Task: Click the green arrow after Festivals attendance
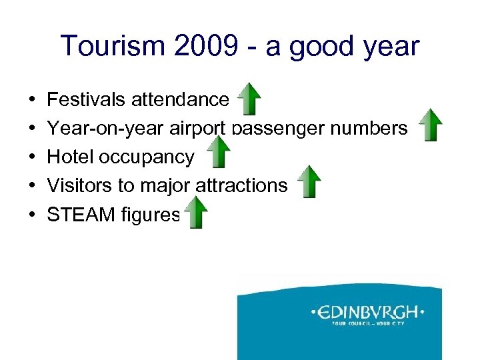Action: [x=249, y=99]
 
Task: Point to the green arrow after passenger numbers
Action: [x=431, y=125]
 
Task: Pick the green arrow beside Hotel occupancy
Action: [x=218, y=153]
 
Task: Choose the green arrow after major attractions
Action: [x=309, y=182]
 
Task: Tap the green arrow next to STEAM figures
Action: [x=196, y=213]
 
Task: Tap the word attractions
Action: [x=241, y=185]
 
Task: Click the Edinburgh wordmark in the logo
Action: [x=367, y=312]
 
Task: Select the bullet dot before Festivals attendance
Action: [x=33, y=101]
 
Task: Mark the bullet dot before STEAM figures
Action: [x=33, y=215]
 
